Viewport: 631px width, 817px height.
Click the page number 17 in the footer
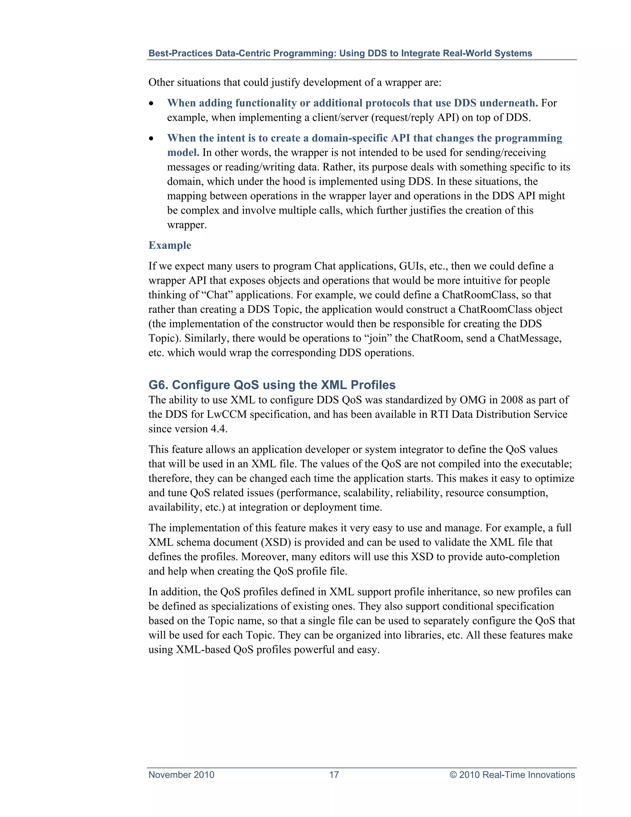(334, 774)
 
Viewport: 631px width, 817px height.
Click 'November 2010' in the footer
(181, 774)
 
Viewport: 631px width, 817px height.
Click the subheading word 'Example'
(170, 245)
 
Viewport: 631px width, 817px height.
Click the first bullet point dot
(151, 104)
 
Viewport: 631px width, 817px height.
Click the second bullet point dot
(151, 139)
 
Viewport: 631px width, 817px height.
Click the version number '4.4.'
(219, 429)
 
